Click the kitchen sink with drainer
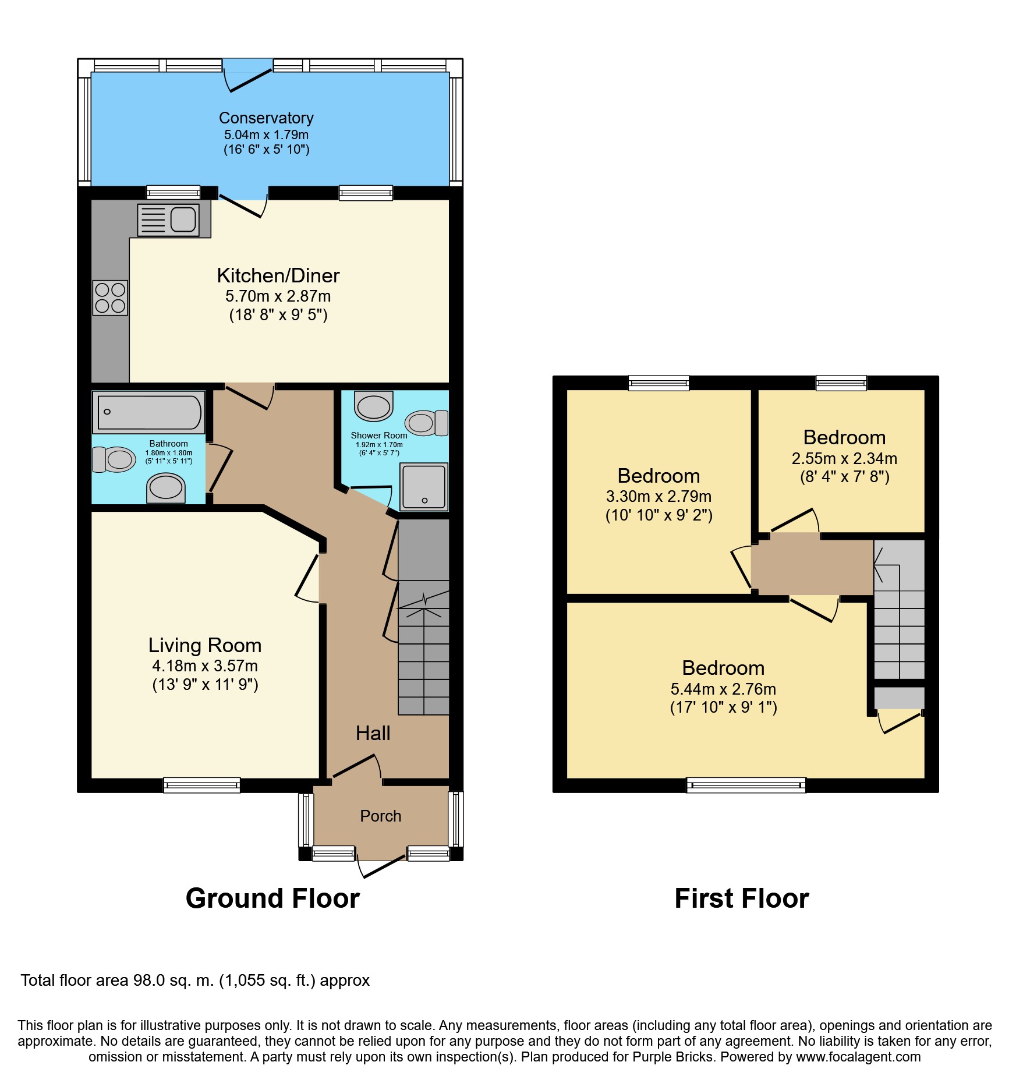(169, 220)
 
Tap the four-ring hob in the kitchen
(110, 298)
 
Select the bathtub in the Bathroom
(149, 412)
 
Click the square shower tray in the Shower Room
(424, 487)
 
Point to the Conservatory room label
(266, 118)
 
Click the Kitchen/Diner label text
(278, 275)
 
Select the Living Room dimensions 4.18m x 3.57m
(205, 666)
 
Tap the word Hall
(373, 733)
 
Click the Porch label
(381, 816)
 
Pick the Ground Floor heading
(272, 898)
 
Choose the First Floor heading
(742, 898)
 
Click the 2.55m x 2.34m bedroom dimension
(844, 459)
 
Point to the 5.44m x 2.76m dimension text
(723, 689)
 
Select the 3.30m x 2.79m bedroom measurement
(659, 497)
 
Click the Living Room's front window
(201, 785)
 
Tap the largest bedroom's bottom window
(746, 785)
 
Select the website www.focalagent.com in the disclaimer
(858, 1057)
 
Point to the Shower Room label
(379, 436)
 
